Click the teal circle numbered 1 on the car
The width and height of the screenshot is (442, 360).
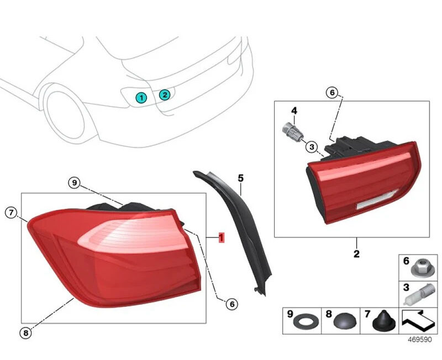pos(141,98)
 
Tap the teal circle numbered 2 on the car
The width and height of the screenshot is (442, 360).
pos(165,94)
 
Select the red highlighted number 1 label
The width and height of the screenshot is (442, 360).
pos(222,237)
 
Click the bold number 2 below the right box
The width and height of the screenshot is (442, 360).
pos(356,254)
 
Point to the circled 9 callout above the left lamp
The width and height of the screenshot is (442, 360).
pos(75,183)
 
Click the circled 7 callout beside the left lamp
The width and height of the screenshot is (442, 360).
pos(11,213)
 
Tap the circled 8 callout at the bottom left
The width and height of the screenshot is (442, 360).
pos(25,333)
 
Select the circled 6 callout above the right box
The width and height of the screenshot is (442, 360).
pos(332,92)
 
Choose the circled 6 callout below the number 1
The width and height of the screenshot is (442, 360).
pos(231,304)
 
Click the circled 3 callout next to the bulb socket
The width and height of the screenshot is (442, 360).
pos(312,147)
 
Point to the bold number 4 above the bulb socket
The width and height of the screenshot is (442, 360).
pos(294,110)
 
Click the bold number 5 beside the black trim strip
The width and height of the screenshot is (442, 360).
pos(240,178)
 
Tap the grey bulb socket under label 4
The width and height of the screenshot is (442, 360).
pos(293,132)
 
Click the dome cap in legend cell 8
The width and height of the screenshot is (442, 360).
pos(345,321)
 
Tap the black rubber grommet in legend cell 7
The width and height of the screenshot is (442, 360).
pos(384,321)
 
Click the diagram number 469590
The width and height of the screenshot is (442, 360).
pos(420,340)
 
